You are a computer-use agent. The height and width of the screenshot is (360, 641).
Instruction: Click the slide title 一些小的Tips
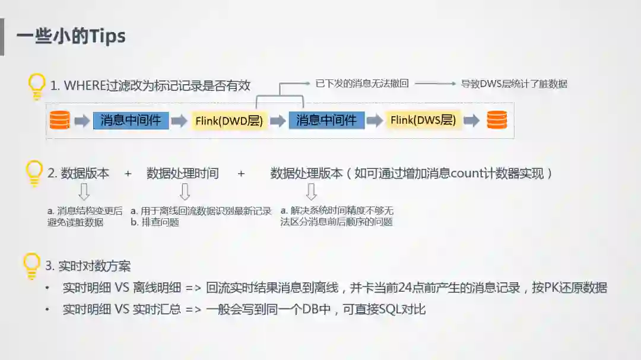coord(71,36)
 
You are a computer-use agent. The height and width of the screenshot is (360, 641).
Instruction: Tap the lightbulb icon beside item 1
coord(37,85)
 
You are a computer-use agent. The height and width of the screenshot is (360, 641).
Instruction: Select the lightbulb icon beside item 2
coord(35,173)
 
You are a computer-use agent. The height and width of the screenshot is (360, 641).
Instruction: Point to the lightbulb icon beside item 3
coord(31,265)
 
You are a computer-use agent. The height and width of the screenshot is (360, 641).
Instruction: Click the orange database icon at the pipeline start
coord(59,120)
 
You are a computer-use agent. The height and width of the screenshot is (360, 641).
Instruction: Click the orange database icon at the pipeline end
coord(497,120)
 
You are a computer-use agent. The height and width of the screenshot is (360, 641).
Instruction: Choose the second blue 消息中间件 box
coord(326,120)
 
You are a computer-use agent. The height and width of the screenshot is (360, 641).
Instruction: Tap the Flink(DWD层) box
coord(229,121)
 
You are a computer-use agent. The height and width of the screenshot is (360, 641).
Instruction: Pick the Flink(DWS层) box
coord(423,120)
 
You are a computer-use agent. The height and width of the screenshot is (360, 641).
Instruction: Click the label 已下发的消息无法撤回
coord(362,84)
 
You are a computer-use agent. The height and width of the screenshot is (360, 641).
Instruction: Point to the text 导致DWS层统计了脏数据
coord(514,84)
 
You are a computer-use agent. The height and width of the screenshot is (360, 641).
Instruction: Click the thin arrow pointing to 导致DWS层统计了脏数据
coord(434,84)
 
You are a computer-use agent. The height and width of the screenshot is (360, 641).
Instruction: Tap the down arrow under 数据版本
coord(84,192)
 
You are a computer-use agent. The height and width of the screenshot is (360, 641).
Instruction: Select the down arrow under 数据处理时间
coord(185,192)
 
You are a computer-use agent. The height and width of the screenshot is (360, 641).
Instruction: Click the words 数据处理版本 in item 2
coord(306,174)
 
